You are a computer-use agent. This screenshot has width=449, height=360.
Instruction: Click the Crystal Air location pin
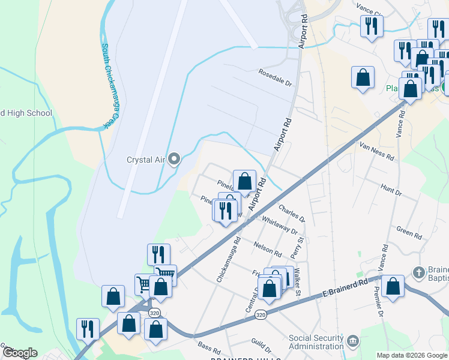(174, 160)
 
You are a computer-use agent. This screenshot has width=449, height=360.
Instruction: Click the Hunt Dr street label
(391, 191)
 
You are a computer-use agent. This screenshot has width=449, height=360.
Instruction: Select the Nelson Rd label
(268, 249)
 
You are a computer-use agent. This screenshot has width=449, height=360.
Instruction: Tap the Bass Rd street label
(209, 347)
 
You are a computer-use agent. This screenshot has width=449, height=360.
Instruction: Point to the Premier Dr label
(378, 300)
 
